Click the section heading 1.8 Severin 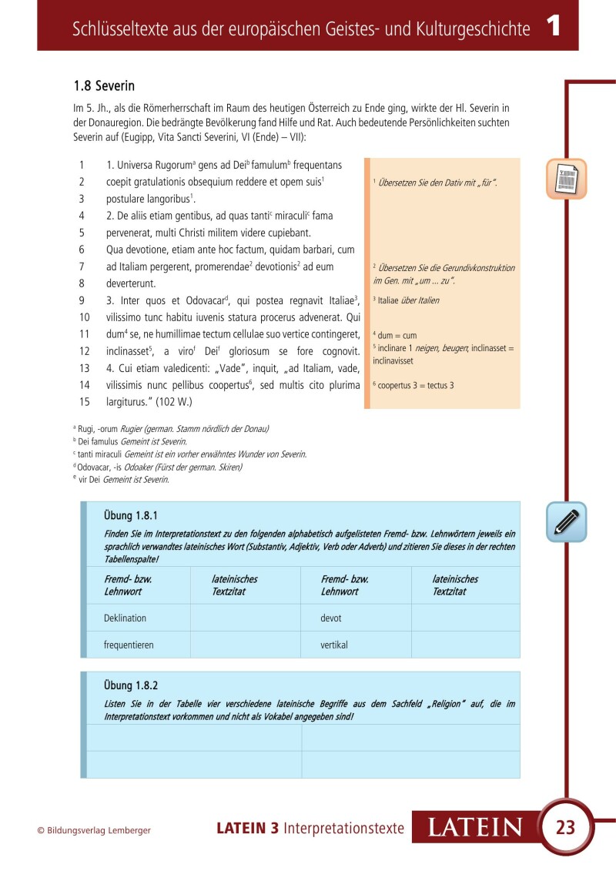104,85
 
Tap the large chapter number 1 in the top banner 553,28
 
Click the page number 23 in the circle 565,828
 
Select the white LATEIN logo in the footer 474,828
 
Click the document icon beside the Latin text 567,179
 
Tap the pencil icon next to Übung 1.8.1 567,521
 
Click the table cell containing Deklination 125,618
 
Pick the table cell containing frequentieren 130,645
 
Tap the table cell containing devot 331,618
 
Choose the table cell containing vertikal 334,645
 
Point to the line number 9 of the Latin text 82,300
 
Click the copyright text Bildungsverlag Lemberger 94,830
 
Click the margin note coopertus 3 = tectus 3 413,384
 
